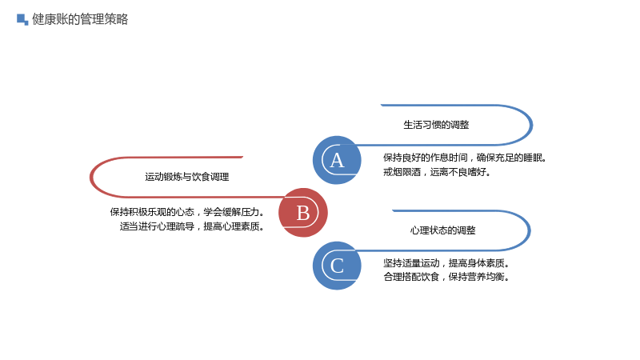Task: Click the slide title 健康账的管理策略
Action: (80, 19)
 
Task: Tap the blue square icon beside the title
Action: (22, 19)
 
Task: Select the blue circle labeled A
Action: (337, 160)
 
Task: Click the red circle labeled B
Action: (303, 212)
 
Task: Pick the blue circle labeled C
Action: (337, 266)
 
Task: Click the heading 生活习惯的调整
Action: (436, 125)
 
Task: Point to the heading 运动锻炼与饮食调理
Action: (187, 177)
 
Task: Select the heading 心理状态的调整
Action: (443, 230)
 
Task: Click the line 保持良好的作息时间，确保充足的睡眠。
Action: (465, 158)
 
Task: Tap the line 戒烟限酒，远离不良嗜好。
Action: (437, 172)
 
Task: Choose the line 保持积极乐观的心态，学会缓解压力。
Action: (187, 212)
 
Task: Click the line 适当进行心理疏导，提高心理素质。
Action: (192, 226)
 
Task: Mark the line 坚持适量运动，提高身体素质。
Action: (446, 263)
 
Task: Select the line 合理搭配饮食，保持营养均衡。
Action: (446, 277)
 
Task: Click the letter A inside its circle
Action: (337, 161)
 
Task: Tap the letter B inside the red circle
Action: (303, 213)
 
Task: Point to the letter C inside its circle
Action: (337, 266)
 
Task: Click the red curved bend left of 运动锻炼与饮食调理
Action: (90, 177)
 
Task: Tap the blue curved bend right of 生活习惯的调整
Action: (531, 125)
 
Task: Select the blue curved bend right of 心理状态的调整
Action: (530, 230)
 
